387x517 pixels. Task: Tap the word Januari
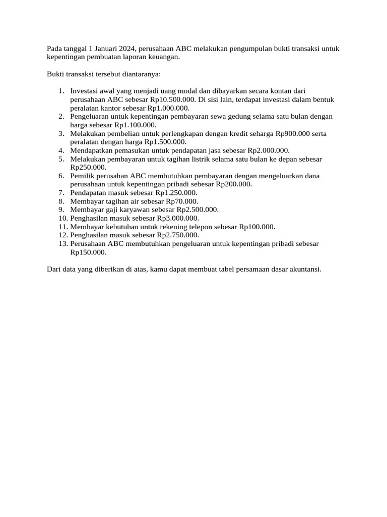pyautogui.click(x=107, y=49)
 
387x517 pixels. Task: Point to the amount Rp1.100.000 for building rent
pyautogui.click(x=135, y=125)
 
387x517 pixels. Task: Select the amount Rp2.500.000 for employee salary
pyautogui.click(x=197, y=210)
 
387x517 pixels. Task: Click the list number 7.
pyautogui.click(x=61, y=193)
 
